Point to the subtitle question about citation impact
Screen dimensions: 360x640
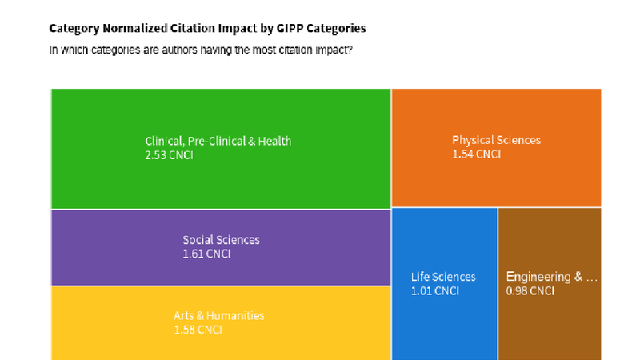point(200,50)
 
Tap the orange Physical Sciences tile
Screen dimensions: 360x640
point(496,176)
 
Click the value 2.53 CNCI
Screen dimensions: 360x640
point(169,155)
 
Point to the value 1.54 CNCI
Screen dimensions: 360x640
point(476,154)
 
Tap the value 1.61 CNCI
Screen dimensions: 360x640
point(206,254)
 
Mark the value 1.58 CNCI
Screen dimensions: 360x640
point(198,330)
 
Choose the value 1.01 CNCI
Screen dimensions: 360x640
point(435,291)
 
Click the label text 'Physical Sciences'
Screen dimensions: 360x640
point(496,140)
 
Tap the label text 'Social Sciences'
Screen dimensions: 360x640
point(221,240)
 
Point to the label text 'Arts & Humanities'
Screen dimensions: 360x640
point(219,315)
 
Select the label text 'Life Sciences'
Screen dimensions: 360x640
point(443,277)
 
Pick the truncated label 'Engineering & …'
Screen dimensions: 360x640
point(551,277)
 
